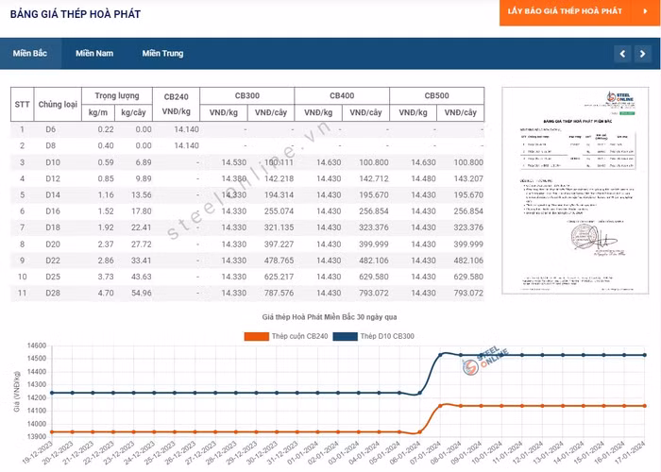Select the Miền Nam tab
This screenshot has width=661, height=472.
click(94, 53)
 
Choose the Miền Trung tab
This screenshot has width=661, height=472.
click(162, 53)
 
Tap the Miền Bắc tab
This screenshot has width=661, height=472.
click(30, 53)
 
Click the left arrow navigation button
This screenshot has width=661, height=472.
click(622, 54)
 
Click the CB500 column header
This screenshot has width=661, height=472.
click(436, 96)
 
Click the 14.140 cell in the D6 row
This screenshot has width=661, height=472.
click(186, 129)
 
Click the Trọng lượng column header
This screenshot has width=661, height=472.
click(117, 96)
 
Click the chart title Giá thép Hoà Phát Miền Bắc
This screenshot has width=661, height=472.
click(330, 319)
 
